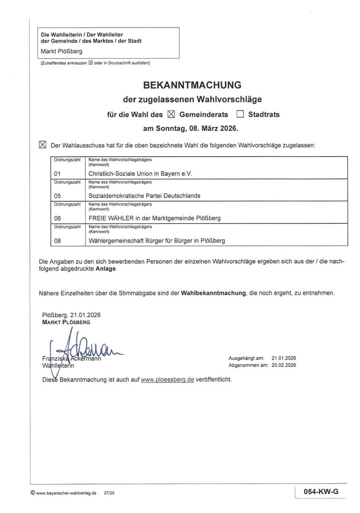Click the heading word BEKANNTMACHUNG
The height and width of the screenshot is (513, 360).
tap(185, 84)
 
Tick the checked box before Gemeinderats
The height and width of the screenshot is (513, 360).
tap(171, 114)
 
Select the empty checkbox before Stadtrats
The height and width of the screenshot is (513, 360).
tap(240, 114)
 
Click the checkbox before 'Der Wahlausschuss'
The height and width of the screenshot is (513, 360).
tap(42, 145)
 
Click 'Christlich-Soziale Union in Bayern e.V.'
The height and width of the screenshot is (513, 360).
tap(140, 173)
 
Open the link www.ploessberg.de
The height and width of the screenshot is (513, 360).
tap(167, 380)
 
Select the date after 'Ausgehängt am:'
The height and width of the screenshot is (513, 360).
tap(284, 359)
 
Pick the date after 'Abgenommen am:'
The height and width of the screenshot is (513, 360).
tap(284, 366)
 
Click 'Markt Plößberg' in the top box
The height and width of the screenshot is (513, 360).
tap(62, 52)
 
